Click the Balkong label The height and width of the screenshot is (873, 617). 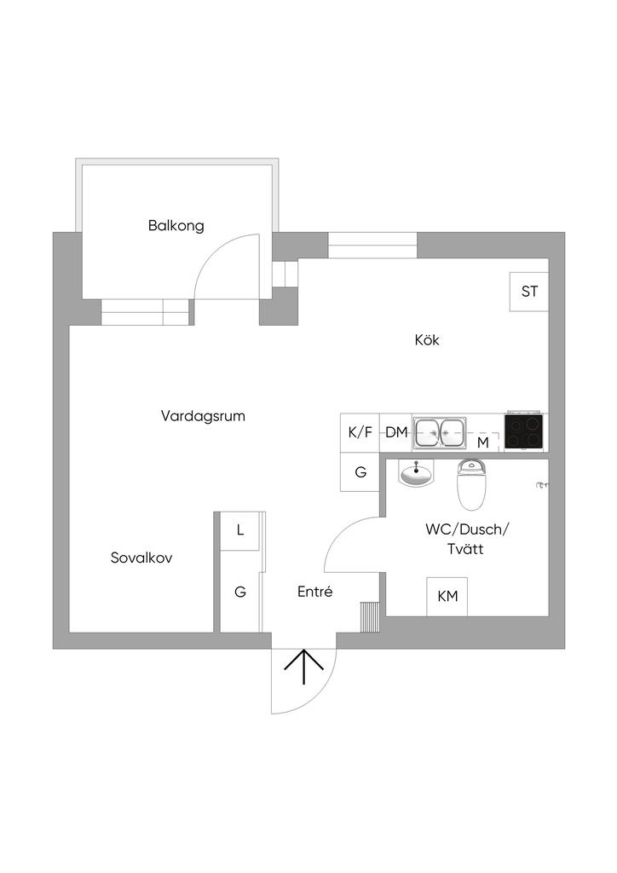pos(176,226)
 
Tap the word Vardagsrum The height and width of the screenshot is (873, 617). pos(203,416)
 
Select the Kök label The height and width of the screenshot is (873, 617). pos(426,340)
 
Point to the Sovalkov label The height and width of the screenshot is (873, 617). pos(142,558)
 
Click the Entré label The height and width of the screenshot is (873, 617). pos(314,592)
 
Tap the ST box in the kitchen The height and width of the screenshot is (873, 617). pos(529,292)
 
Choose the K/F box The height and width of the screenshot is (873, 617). pos(360,432)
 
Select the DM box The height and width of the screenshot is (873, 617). pos(396,432)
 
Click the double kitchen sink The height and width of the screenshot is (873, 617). pos(440,432)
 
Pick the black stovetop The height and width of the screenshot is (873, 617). pos(525,430)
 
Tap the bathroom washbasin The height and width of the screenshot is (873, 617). pos(416,474)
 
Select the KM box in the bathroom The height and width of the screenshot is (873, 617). pos(447,597)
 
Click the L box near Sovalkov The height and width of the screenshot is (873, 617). pos(240,530)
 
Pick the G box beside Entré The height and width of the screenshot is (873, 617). pos(240,592)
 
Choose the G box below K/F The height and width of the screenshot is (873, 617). pos(360,471)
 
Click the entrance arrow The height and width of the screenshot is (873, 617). pos(303,667)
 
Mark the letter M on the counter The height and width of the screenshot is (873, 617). pos(482,442)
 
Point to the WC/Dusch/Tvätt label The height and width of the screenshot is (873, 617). pos(466,540)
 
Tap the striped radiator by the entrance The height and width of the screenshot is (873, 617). pos(369,617)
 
